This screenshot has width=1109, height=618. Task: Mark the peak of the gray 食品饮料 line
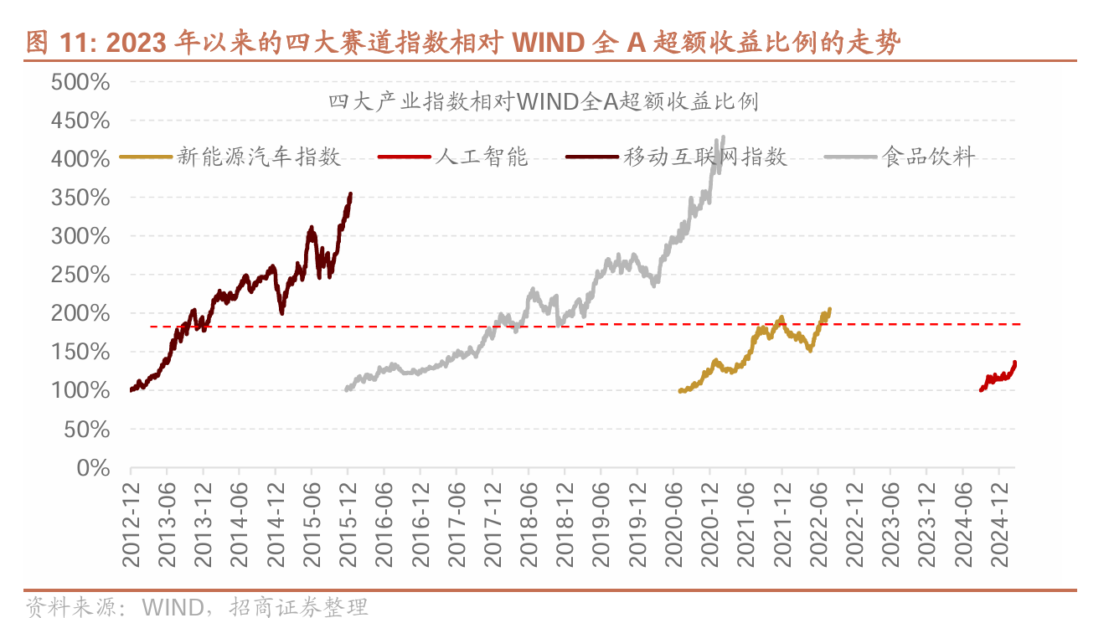pyautogui.click(x=723, y=137)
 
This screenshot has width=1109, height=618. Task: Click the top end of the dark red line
pyautogui.click(x=350, y=194)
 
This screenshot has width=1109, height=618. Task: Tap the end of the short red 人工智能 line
pyautogui.click(x=1015, y=363)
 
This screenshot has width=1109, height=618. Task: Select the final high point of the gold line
pyautogui.click(x=829, y=309)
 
